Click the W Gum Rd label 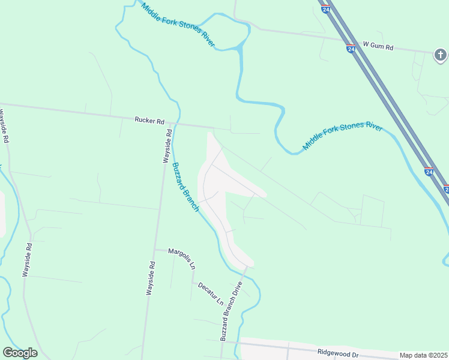pyautogui.click(x=378, y=46)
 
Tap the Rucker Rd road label pyautogui.click(x=149, y=121)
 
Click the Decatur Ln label pyautogui.click(x=211, y=292)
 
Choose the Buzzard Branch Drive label pyautogui.click(x=231, y=311)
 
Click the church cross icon pyautogui.click(x=440, y=55)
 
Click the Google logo pyautogui.click(x=20, y=353)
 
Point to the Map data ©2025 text pyautogui.click(x=423, y=355)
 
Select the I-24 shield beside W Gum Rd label pyautogui.click(x=351, y=48)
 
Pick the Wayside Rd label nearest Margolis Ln pyautogui.click(x=151, y=278)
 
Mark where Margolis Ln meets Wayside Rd pyautogui.click(x=155, y=249)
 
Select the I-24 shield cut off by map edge pyautogui.click(x=446, y=188)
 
